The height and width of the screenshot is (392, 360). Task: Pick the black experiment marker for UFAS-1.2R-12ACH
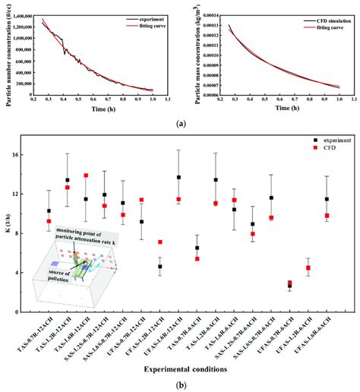coord(159,267)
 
